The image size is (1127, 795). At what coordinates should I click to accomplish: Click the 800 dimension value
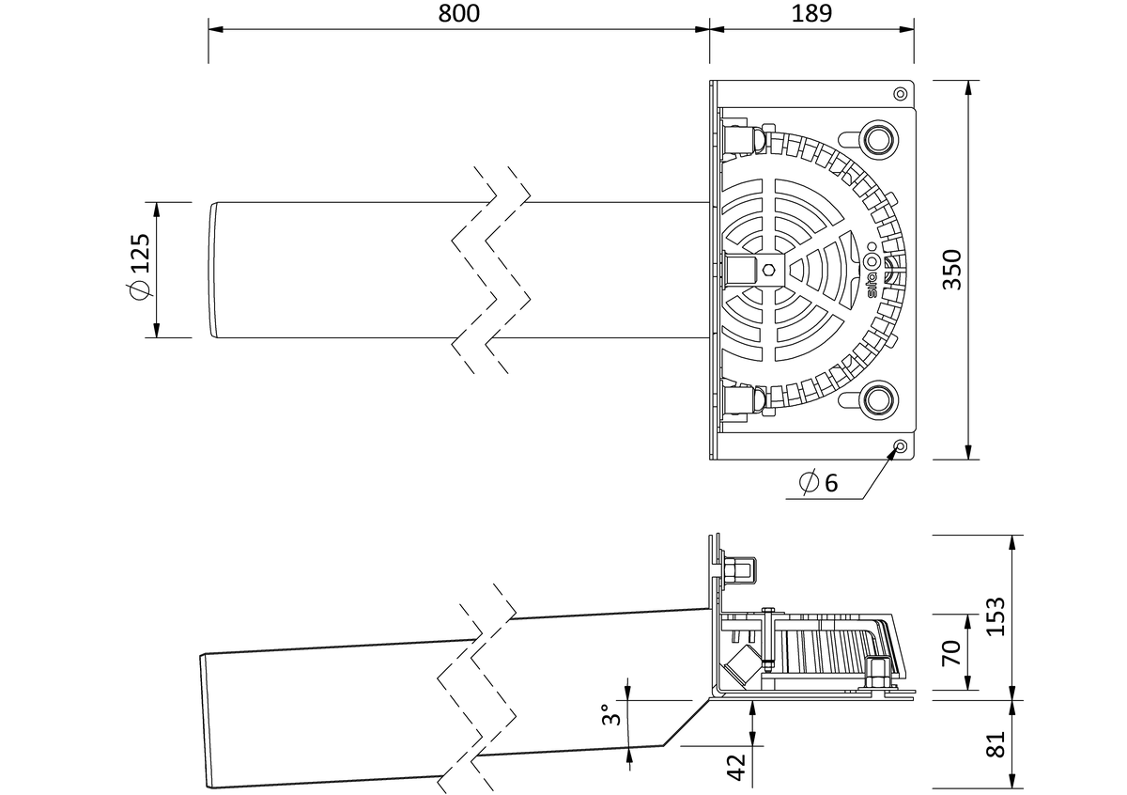click(x=459, y=13)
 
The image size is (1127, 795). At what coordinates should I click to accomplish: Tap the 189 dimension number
click(x=812, y=13)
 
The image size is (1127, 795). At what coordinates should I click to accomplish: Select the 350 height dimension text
click(x=952, y=270)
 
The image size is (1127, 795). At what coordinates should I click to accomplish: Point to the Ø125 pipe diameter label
click(x=139, y=267)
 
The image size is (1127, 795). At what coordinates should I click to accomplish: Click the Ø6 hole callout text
click(x=819, y=482)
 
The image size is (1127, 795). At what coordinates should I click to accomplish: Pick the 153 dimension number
click(x=996, y=616)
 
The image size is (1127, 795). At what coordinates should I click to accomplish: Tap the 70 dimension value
click(x=950, y=652)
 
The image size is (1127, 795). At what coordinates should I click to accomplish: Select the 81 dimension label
click(x=996, y=744)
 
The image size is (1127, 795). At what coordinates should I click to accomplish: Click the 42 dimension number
click(x=736, y=768)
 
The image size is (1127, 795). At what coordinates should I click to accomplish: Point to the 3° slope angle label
click(x=611, y=714)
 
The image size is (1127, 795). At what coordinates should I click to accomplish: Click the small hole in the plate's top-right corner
click(x=901, y=94)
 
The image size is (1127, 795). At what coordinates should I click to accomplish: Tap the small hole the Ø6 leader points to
click(x=901, y=445)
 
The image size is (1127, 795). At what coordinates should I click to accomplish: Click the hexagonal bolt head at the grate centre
click(x=768, y=270)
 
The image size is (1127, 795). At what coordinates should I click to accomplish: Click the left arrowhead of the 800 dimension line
click(x=216, y=29)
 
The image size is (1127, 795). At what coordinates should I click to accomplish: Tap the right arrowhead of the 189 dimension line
click(x=906, y=29)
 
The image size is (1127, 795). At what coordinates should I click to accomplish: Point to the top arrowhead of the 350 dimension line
click(x=969, y=87)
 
